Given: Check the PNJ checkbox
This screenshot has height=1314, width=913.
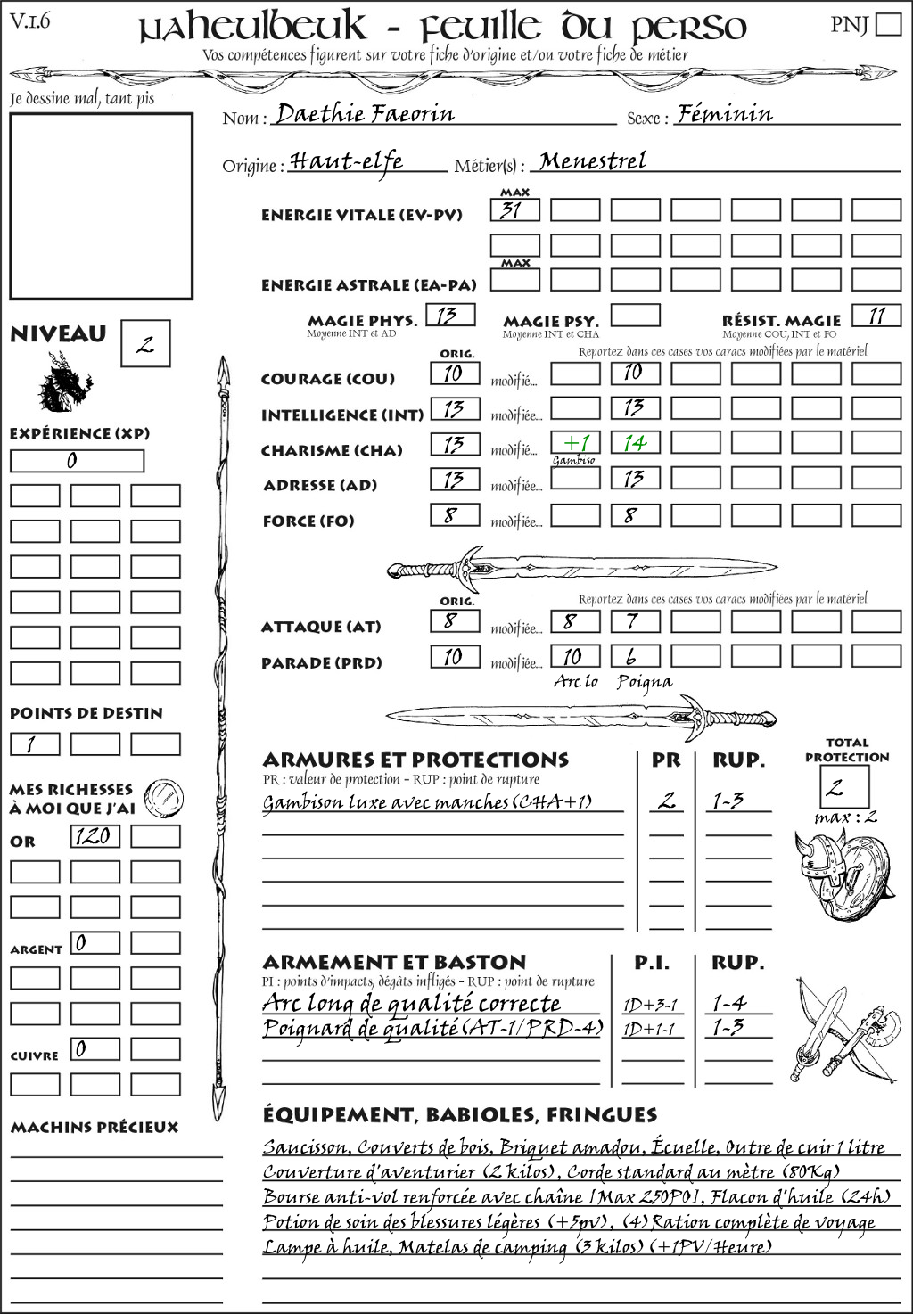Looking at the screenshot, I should [888, 24].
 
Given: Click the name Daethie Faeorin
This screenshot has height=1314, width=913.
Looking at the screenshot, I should [365, 114].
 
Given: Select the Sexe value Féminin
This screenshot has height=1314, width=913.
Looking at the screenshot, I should [724, 114].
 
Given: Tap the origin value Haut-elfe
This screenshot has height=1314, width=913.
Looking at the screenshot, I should [347, 161].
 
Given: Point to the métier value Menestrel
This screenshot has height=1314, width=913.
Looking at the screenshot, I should [593, 161].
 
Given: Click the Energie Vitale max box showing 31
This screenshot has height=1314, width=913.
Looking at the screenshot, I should [514, 210].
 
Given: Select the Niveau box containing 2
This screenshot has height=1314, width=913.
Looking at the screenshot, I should [145, 344].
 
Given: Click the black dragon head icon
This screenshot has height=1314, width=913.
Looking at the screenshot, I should [64, 382].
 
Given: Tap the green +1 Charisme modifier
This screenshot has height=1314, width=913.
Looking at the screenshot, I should [575, 442].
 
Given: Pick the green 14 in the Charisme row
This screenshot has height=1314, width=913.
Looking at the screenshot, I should [635, 442].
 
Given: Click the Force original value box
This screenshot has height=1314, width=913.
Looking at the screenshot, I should [455, 515].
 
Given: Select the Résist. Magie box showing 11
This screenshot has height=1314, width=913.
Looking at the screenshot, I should [876, 316].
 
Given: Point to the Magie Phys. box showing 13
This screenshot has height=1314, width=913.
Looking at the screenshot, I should [449, 316].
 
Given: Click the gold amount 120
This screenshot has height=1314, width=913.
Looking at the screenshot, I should [95, 836].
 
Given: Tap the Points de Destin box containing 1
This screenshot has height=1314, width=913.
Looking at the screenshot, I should [35, 743].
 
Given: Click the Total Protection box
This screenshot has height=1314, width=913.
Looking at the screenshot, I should [843, 786].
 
